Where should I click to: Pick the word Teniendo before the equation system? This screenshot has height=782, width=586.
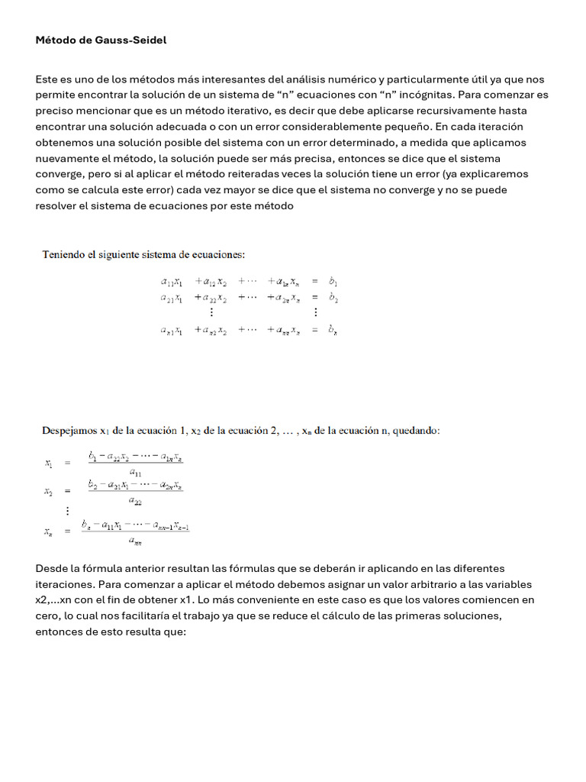point(63,254)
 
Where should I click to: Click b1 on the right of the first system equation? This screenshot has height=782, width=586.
point(333,281)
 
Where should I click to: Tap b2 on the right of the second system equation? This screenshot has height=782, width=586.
point(333,298)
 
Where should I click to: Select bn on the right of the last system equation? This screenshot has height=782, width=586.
point(333,331)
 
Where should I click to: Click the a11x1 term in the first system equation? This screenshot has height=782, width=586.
point(172,281)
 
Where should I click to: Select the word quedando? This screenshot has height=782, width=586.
point(415,431)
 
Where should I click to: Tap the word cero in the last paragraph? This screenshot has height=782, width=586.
point(48,616)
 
